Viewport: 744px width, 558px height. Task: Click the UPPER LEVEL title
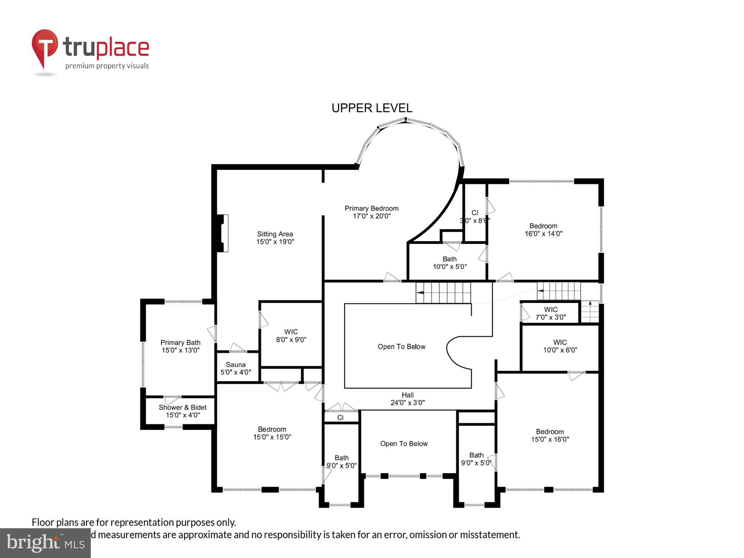coord(372,108)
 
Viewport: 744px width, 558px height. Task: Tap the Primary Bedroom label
coord(371,212)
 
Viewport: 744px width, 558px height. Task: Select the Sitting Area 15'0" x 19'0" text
coord(275,238)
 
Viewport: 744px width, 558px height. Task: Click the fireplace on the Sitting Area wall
coord(222,233)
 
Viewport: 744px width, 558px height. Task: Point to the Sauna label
coord(235,368)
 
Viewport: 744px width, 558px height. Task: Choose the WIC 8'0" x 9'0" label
coord(291,336)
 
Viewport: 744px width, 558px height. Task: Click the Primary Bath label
coord(180,346)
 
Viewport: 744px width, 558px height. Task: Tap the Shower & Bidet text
coord(182,411)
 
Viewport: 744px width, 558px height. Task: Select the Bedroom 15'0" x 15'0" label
coord(272,433)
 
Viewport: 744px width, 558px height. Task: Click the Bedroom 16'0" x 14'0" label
coord(543,230)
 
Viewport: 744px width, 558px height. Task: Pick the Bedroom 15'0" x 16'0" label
coord(550,435)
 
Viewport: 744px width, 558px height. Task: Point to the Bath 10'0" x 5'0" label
coord(449,263)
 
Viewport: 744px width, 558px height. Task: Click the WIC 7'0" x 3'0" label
coord(551,313)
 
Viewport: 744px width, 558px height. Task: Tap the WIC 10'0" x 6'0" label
coord(560,346)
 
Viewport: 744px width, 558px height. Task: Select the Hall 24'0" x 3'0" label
coord(407,399)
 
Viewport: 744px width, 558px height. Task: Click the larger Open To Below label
coord(401,347)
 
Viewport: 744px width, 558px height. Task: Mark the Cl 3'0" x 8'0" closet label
coord(475,217)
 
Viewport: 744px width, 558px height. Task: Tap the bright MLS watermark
coord(45,543)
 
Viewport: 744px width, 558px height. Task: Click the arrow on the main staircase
coord(420,293)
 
